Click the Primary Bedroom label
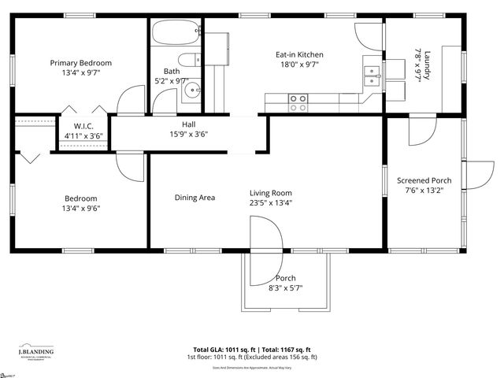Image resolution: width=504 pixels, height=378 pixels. [x=80, y=63]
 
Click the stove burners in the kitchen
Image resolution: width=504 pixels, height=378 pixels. [x=298, y=102]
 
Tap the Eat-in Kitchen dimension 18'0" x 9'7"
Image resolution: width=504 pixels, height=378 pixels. [x=299, y=66]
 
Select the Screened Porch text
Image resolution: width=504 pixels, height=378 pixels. [x=424, y=179]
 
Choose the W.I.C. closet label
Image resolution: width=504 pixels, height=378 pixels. [x=84, y=126]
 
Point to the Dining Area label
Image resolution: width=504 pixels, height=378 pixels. [x=195, y=198]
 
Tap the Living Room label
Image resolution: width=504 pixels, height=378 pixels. [x=271, y=193]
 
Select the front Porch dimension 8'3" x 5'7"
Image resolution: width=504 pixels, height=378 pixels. [x=285, y=288]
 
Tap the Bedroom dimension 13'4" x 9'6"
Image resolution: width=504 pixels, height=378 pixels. [x=80, y=209]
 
